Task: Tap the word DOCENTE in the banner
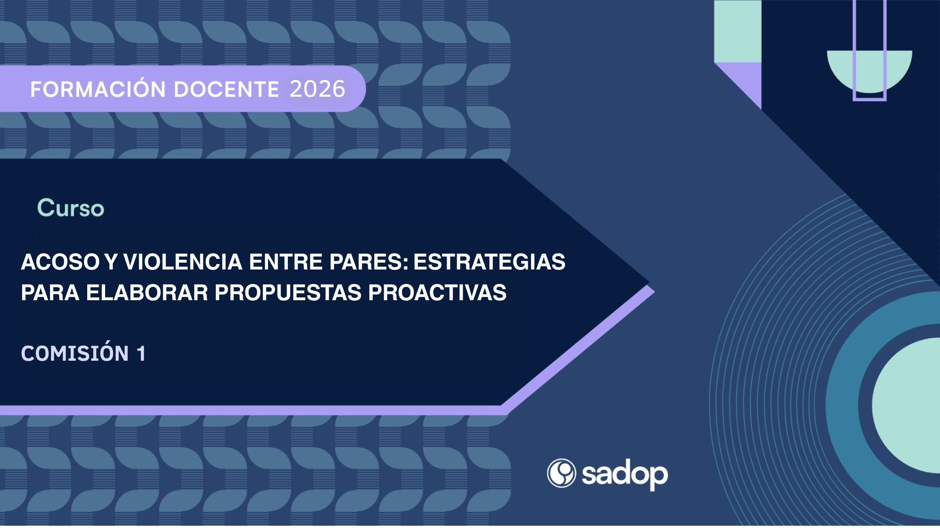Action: (x=226, y=89)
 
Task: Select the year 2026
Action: (x=317, y=89)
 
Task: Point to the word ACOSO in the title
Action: (x=60, y=262)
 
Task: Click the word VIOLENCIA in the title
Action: (x=183, y=262)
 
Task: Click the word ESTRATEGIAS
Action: (x=489, y=262)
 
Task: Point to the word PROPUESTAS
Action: (x=288, y=292)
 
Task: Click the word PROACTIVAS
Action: (x=437, y=292)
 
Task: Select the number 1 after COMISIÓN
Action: (x=141, y=353)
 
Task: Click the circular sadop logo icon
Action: (x=561, y=473)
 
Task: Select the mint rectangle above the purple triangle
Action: (x=738, y=31)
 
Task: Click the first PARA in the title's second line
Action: (x=50, y=292)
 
